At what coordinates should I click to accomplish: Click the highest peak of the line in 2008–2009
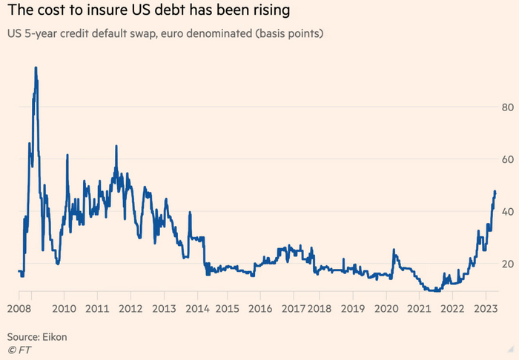coord(36,67)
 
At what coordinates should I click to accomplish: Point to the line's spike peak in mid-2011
coord(116,146)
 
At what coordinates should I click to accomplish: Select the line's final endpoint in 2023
coord(495,192)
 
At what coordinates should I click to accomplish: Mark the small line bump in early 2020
coord(394,250)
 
